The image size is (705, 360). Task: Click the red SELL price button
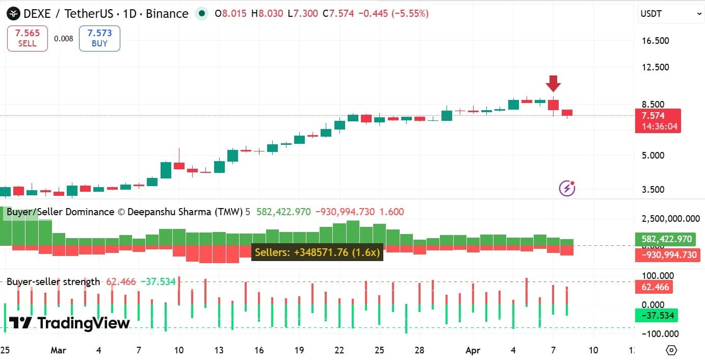(28, 38)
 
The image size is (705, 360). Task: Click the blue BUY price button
(99, 38)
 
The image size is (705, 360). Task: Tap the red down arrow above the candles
(553, 83)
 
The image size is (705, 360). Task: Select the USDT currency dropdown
(671, 14)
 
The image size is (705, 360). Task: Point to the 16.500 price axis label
(655, 41)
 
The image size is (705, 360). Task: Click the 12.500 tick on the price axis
(655, 67)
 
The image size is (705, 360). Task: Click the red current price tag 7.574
(658, 120)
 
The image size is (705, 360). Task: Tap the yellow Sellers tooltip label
(317, 252)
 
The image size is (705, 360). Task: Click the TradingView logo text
(69, 323)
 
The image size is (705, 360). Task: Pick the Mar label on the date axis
(59, 351)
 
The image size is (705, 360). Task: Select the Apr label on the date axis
(473, 351)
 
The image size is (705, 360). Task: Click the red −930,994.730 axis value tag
(667, 254)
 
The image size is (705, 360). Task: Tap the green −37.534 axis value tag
(657, 316)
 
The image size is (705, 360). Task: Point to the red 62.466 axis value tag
(655, 287)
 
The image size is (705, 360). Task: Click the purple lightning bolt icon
(567, 188)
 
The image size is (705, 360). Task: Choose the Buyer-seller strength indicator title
(54, 282)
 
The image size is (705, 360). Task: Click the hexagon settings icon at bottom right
(671, 350)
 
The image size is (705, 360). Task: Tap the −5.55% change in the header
(410, 14)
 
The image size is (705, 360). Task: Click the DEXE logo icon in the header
(14, 14)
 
